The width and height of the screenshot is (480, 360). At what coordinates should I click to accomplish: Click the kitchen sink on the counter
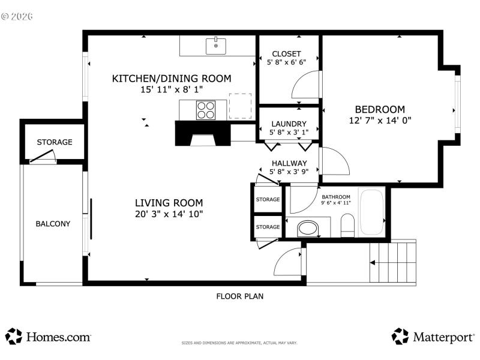point(215,45)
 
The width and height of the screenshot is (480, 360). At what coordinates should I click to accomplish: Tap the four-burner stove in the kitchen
point(205,110)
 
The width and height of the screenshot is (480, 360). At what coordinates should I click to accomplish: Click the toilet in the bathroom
point(348,226)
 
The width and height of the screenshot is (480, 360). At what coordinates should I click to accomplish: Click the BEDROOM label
point(380,109)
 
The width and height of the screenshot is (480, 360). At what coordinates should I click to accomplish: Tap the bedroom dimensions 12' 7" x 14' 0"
point(380,120)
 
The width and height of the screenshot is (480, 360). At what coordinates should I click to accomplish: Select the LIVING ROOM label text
point(169,203)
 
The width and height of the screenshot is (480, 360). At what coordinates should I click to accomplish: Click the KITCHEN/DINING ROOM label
point(172,79)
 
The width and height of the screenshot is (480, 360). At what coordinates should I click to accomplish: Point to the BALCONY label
point(53,224)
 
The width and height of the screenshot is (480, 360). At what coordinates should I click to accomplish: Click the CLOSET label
point(286,54)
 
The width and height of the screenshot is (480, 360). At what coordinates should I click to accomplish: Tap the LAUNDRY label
point(289,124)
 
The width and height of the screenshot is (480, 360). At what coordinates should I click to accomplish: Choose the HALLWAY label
point(289,163)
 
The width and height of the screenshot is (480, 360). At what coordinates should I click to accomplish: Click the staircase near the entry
point(392,262)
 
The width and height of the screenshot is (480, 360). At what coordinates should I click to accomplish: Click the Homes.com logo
point(49,337)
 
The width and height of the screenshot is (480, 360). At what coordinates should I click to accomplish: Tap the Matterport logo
point(433,337)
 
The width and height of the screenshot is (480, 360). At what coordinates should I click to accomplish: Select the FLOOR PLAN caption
point(239,296)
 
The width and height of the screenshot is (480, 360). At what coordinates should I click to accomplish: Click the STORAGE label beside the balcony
point(55,142)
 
